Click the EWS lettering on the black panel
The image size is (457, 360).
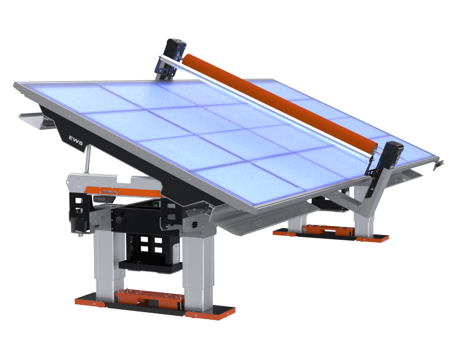tap(76, 140)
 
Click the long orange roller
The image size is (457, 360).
tap(280, 102)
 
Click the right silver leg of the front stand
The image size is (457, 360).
tap(198, 271)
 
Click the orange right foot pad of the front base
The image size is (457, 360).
tap(210, 313)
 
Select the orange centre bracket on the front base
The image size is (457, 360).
tap(150, 300)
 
